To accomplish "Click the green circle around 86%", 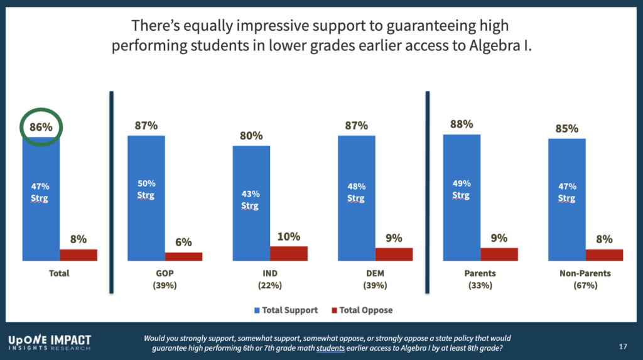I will click(x=41, y=128).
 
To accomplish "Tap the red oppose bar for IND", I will click(x=289, y=253).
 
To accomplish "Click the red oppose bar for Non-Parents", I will click(x=604, y=254).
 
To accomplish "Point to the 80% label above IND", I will click(x=251, y=136).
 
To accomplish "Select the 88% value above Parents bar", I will click(x=462, y=124).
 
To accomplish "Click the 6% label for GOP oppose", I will click(x=183, y=243).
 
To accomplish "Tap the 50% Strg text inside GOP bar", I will click(x=146, y=189).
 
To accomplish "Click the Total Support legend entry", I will click(x=286, y=310).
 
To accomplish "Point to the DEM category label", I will click(x=356, y=274).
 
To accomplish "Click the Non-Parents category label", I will click(x=585, y=274).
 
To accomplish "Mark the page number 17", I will click(x=624, y=346).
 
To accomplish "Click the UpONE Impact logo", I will click(x=50, y=341).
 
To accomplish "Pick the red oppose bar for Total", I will click(x=78, y=254).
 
